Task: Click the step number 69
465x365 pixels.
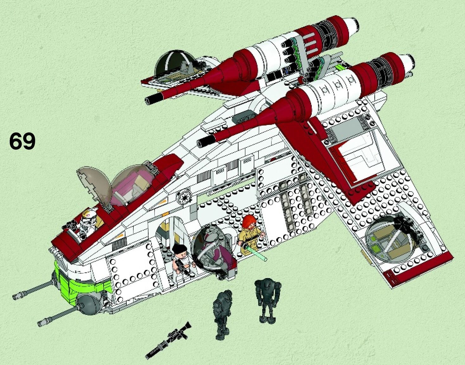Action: [22, 141]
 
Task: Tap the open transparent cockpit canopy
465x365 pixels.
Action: [93, 186]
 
